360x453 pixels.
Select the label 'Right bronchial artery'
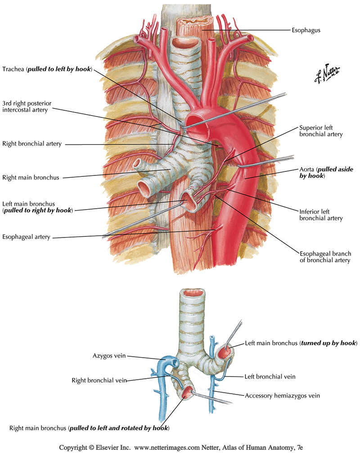coord(31,144)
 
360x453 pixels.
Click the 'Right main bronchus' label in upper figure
coord(30,177)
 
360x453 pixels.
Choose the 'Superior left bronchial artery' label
coord(321,130)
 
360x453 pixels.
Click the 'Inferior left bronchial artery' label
coord(321,215)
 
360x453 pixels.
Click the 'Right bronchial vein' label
coord(99,380)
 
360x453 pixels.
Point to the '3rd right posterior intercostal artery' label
coord(27,107)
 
